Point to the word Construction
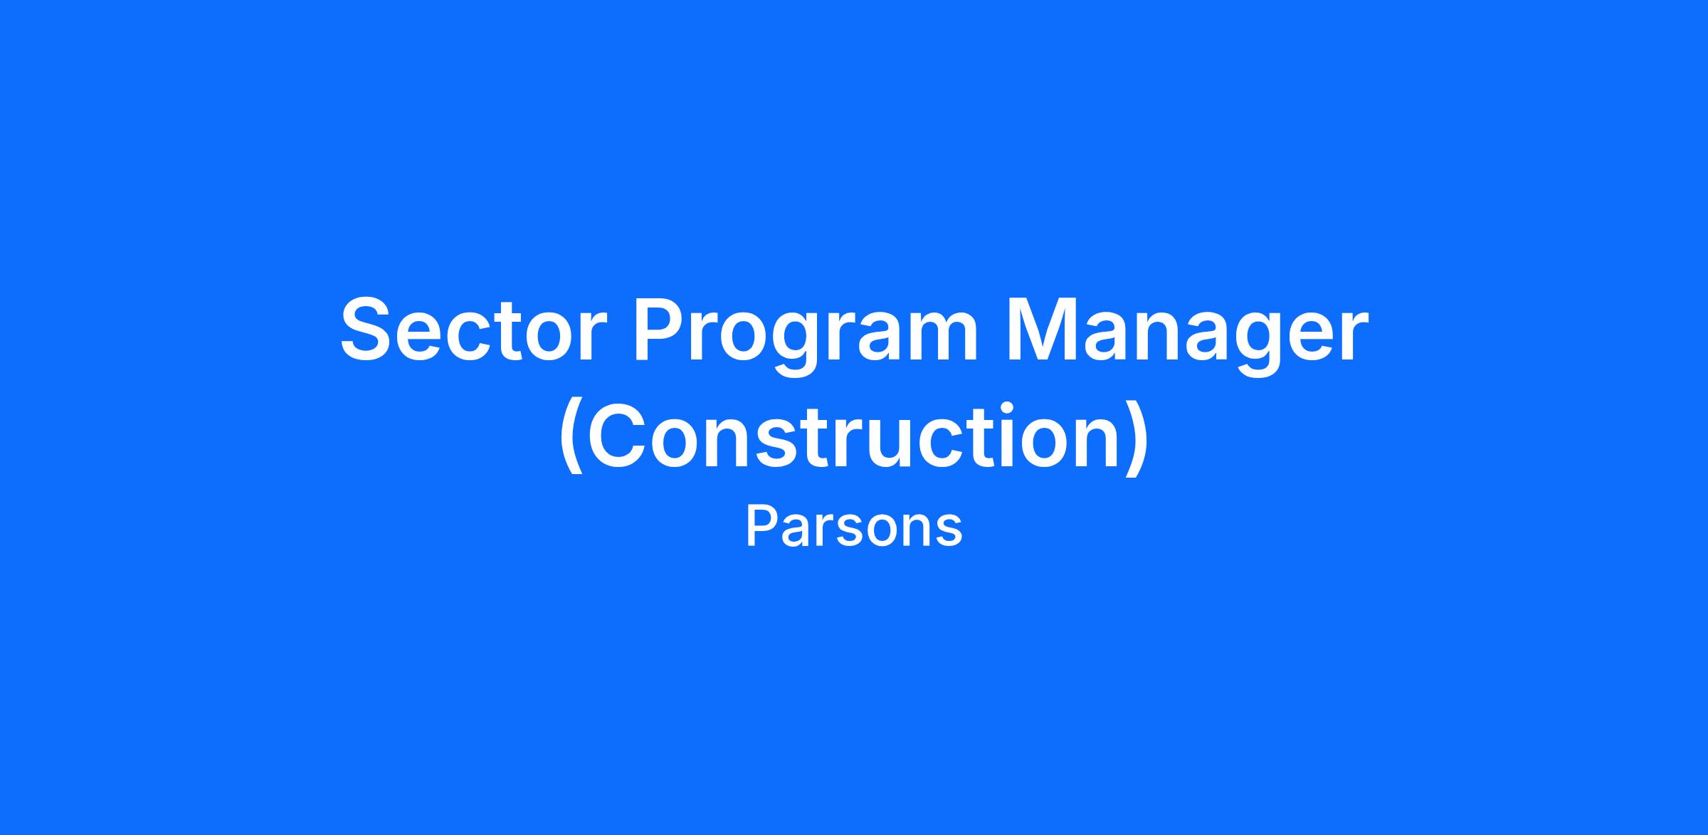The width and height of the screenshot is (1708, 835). click(854, 436)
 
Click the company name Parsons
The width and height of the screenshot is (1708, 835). click(854, 527)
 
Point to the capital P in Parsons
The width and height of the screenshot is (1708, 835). click(759, 526)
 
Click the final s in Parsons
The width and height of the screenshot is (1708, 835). click(949, 532)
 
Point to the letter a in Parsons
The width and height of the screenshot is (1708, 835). click(793, 532)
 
